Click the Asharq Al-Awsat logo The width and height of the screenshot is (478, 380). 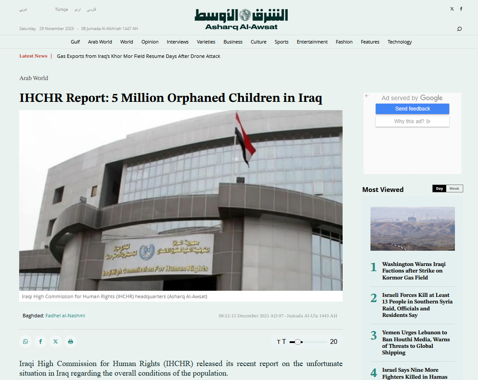pos(241,19)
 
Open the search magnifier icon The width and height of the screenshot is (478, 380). pos(459,29)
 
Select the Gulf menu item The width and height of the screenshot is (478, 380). pos(75,42)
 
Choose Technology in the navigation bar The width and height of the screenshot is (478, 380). pos(400,42)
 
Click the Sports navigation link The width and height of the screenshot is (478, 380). pos(281,42)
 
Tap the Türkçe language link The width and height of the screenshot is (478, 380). pos(61,10)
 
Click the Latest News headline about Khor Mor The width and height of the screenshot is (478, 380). pos(138,56)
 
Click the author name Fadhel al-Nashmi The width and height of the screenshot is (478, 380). pos(65,316)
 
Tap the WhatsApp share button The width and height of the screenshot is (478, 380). pos(25,342)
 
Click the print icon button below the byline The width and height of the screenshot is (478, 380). pos(71,342)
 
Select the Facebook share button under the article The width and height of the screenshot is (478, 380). pos(40,342)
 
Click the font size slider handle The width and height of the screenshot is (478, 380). pos(297,342)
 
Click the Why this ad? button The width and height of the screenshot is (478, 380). pos(412,121)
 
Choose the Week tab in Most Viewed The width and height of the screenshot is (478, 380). pos(454,188)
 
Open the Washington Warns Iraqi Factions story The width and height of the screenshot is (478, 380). pos(414,271)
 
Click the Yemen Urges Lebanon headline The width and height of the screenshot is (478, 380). pos(416,343)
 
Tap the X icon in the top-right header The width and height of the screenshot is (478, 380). pos(452,9)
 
